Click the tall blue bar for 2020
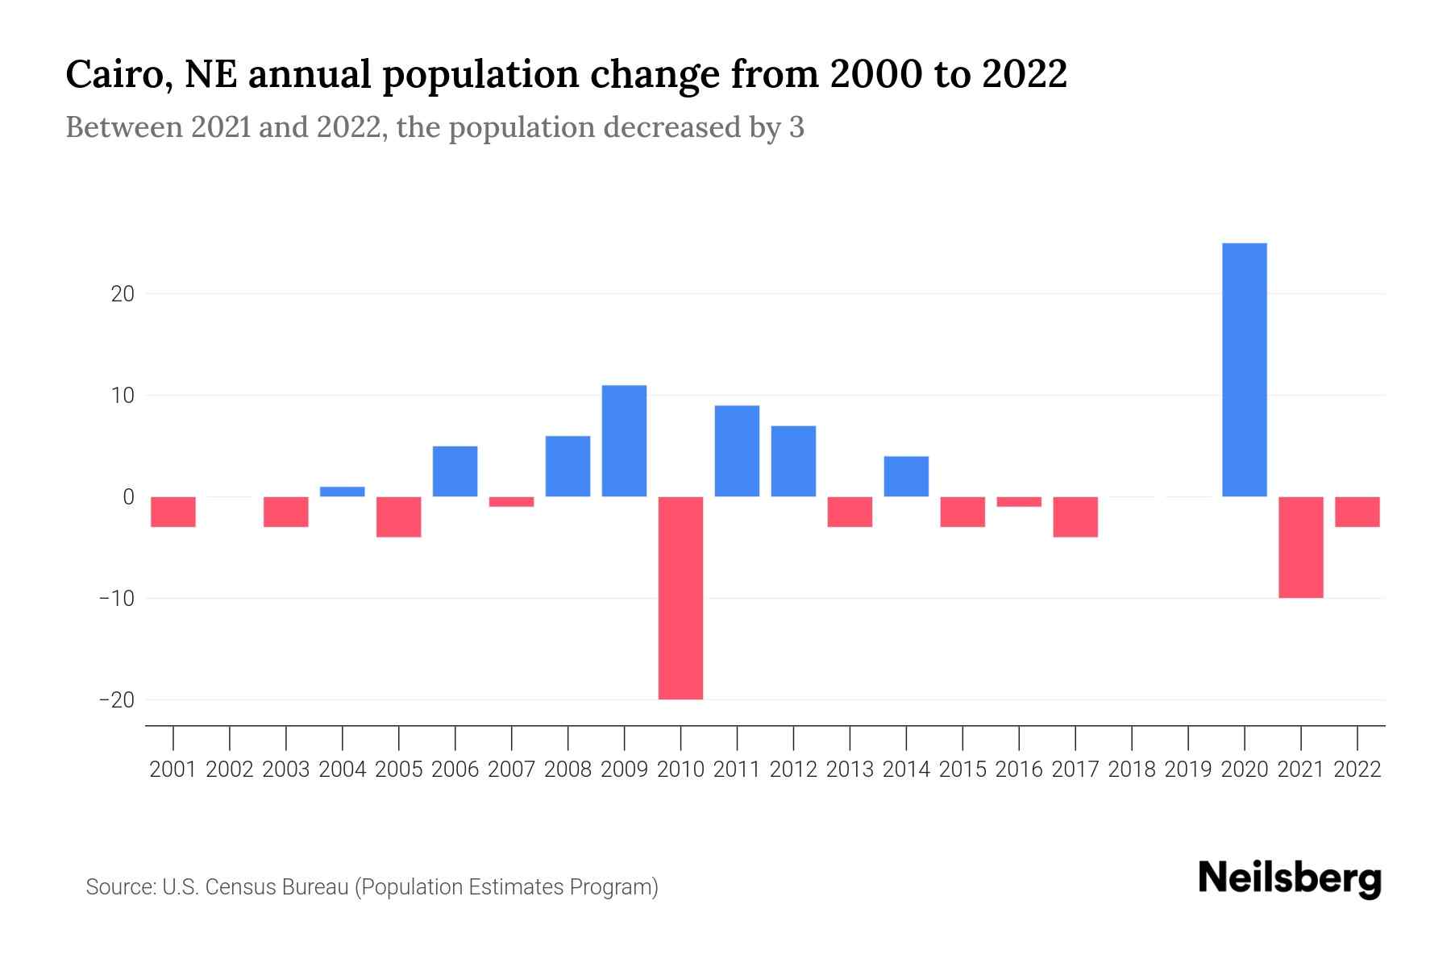(x=1245, y=370)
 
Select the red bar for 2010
(x=680, y=598)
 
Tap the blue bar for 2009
(x=624, y=441)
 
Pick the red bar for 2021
(x=1301, y=547)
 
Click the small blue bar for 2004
(x=343, y=492)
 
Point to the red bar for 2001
(x=173, y=512)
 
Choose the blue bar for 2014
(x=906, y=476)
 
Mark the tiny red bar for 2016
(x=1019, y=501)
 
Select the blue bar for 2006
(x=455, y=471)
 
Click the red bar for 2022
(x=1357, y=512)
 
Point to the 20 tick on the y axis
(x=123, y=294)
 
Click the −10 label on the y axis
(x=116, y=599)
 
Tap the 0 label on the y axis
(x=128, y=497)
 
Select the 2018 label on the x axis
(x=1132, y=770)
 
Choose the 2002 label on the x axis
(x=230, y=770)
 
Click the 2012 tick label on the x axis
(x=793, y=770)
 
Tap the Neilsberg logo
(x=1290, y=878)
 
